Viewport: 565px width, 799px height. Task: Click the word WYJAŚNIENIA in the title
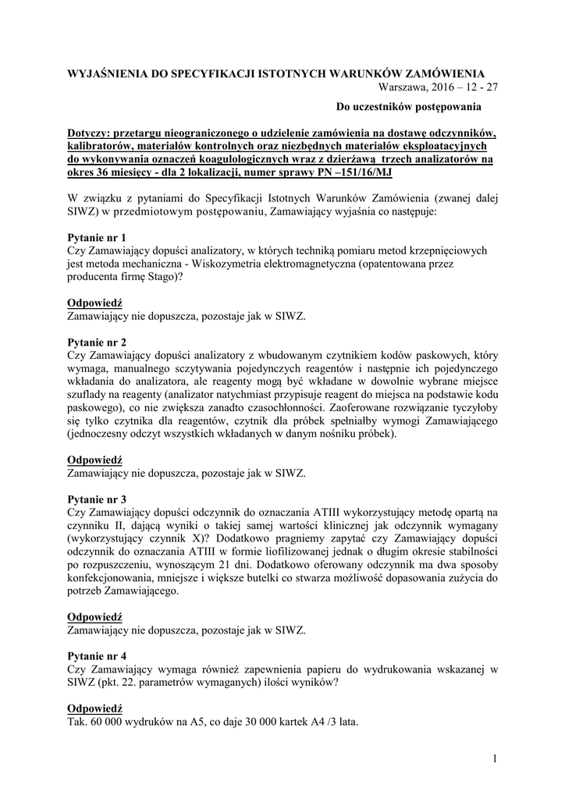coord(105,73)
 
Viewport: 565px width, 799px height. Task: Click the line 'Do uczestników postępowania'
coord(409,105)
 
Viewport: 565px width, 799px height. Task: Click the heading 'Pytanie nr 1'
coord(97,237)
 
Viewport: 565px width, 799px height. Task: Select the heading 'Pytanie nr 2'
coord(97,343)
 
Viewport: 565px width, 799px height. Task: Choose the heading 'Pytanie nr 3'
coord(97,499)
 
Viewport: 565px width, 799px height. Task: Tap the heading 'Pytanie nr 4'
coord(97,655)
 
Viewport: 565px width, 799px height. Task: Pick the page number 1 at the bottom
coord(495,759)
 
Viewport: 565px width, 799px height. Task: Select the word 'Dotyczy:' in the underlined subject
coord(91,132)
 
